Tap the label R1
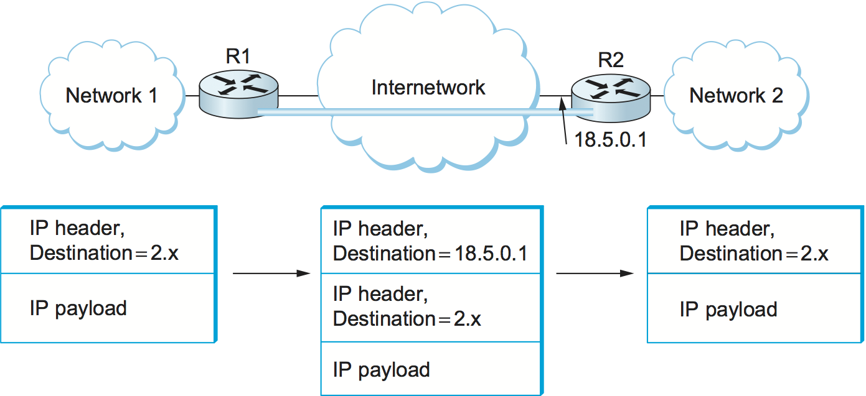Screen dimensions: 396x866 click(x=238, y=57)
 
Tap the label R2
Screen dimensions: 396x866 click(x=611, y=60)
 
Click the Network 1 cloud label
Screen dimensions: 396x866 click(x=112, y=96)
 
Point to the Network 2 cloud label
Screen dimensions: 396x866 click(x=736, y=96)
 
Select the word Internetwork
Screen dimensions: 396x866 click(x=428, y=87)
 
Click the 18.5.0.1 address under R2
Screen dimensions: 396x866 click(x=610, y=140)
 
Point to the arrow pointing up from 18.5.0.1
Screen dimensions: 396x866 click(x=564, y=124)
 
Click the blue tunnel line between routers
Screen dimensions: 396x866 click(x=423, y=111)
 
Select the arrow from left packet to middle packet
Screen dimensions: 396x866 click(x=271, y=274)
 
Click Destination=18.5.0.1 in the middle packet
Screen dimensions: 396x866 click(x=430, y=254)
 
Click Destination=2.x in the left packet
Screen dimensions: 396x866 click(x=104, y=254)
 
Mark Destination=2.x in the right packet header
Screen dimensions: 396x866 click(x=754, y=254)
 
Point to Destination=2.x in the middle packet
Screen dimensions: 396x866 click(x=407, y=319)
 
